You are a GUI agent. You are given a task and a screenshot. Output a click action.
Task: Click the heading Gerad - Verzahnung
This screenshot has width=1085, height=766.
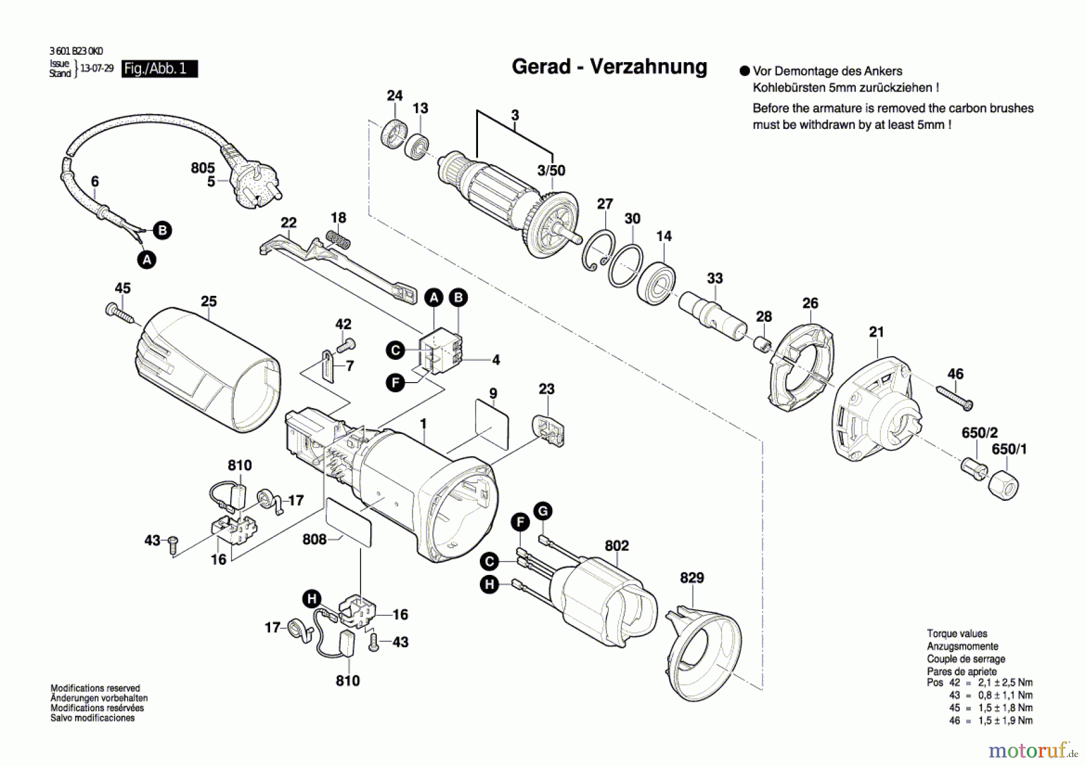coord(609,66)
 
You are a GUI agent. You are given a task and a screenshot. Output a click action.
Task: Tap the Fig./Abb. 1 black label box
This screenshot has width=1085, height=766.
coord(159,69)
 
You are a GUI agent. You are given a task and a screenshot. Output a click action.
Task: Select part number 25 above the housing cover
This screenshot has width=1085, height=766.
coord(209,301)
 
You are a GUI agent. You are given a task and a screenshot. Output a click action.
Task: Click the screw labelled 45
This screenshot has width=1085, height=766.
coord(120,313)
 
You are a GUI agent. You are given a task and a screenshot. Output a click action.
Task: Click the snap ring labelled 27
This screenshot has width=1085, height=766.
coord(599,250)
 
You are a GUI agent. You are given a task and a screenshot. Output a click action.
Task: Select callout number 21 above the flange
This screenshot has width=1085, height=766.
coord(876,331)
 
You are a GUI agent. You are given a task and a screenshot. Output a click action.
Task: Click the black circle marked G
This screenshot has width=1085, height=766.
coord(543,512)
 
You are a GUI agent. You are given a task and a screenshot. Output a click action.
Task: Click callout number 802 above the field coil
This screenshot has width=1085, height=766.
coord(617,545)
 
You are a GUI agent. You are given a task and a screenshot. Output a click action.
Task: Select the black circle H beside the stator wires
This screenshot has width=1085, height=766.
coord(489,584)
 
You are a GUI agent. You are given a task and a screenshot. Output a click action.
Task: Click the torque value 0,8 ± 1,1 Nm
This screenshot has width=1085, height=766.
coord(1005,695)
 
